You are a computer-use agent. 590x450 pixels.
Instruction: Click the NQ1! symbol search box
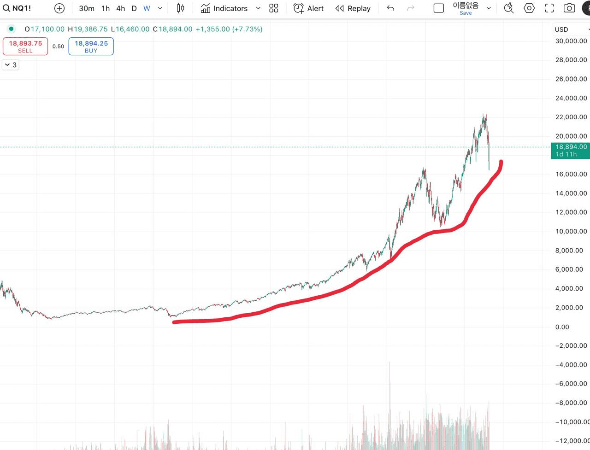click(18, 8)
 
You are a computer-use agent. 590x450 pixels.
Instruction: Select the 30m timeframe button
click(86, 8)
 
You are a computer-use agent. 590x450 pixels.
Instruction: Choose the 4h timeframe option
click(120, 8)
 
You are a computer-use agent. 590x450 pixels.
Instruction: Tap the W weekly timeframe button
click(147, 8)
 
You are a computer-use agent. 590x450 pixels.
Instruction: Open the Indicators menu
click(224, 8)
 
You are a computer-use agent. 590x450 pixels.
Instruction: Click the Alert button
click(309, 8)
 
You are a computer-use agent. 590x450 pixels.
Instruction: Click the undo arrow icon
click(390, 8)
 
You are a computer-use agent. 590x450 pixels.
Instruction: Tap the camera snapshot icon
click(569, 8)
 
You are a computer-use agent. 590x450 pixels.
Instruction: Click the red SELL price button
click(25, 46)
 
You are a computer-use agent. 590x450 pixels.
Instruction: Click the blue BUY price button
click(91, 46)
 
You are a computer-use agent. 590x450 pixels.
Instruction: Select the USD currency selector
click(571, 29)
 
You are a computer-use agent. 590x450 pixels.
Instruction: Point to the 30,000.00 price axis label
click(571, 41)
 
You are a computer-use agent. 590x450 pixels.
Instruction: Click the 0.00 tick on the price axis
click(562, 327)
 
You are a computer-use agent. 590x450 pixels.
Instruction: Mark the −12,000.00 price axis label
click(572, 441)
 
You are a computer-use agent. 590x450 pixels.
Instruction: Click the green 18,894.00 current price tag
click(571, 150)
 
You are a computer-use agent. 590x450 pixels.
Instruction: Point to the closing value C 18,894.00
click(172, 29)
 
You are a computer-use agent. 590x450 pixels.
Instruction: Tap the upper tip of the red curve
click(501, 162)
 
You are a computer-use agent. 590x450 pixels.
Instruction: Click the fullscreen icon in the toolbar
click(549, 8)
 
